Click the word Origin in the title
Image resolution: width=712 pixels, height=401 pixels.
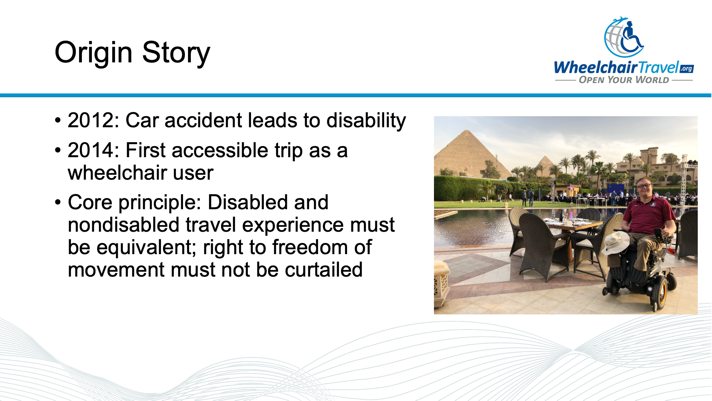(93, 53)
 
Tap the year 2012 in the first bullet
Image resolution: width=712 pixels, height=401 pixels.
(91, 120)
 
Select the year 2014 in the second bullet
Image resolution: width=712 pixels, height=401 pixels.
(91, 150)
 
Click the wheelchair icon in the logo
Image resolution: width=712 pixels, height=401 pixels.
(631, 37)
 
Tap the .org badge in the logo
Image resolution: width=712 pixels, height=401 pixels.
(686, 68)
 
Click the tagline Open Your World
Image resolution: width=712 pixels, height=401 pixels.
(624, 80)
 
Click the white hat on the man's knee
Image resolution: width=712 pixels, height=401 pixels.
(616, 242)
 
